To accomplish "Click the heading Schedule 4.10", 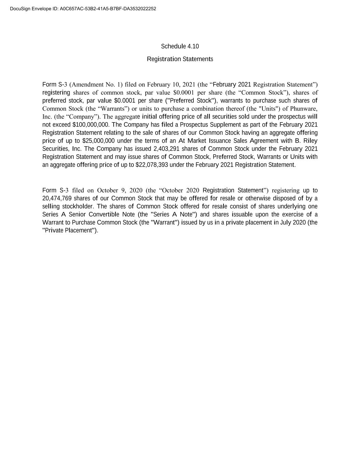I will click(x=180, y=46).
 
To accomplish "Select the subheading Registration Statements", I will click(x=180, y=59).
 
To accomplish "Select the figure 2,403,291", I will click(x=167, y=149).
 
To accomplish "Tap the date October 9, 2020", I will click(x=120, y=190).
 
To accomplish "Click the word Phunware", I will click(x=304, y=109).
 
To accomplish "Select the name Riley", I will click(x=310, y=141).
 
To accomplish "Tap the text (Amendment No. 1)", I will click(x=96, y=85).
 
